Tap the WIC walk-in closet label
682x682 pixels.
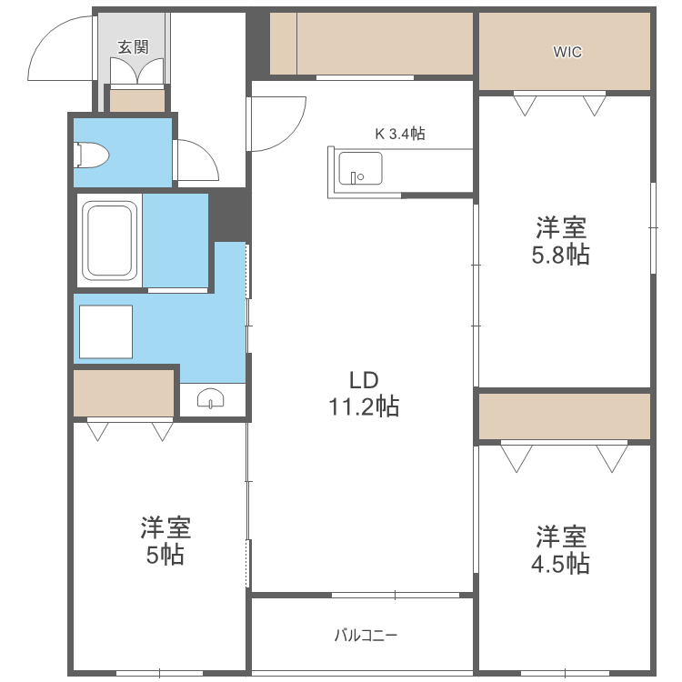click(x=567, y=52)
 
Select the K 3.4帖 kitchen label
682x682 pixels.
click(x=400, y=134)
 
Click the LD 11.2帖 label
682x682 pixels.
click(x=363, y=393)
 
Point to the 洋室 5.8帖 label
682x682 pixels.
click(x=560, y=240)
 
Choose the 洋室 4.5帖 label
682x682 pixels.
click(x=560, y=549)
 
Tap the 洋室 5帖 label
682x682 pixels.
click(x=165, y=540)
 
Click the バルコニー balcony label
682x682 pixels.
click(x=366, y=635)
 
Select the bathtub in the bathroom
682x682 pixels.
click(x=110, y=241)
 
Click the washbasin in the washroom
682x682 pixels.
click(x=211, y=398)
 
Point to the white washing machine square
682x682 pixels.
click(x=105, y=332)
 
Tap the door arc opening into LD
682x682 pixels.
click(x=278, y=124)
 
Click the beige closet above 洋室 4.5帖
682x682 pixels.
click(x=565, y=416)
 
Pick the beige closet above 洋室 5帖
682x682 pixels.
click(x=124, y=391)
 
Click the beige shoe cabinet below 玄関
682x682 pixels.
click(x=137, y=100)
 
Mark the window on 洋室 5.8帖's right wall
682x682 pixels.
click(x=653, y=227)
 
